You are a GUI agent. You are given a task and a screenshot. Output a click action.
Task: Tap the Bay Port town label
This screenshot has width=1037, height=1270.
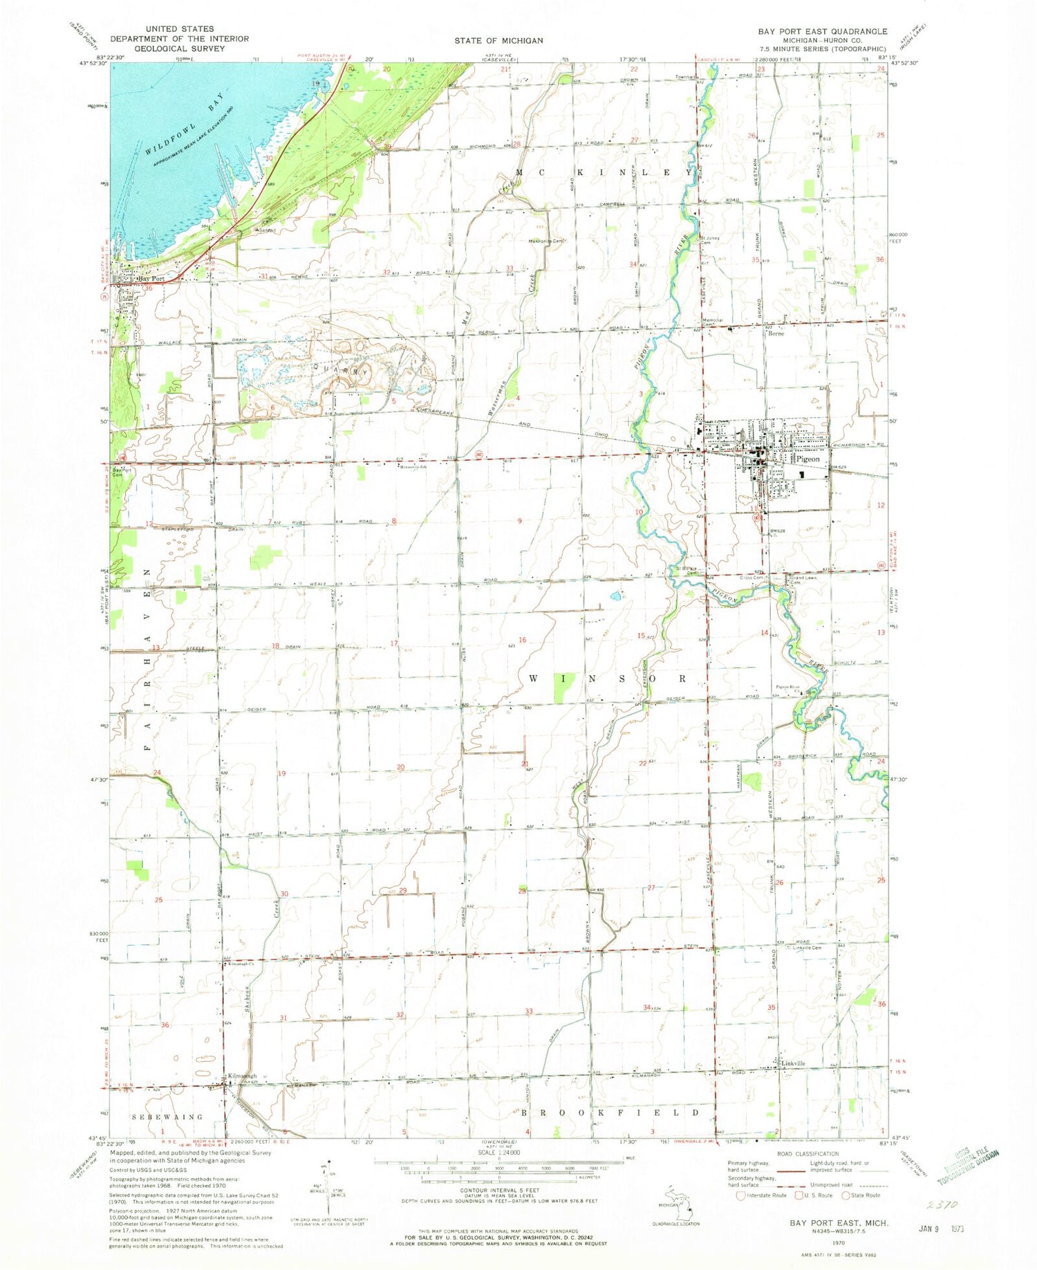152,279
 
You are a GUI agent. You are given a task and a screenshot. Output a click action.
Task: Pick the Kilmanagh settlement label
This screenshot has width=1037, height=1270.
243,1076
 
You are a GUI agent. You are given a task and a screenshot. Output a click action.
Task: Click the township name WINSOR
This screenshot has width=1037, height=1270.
608,679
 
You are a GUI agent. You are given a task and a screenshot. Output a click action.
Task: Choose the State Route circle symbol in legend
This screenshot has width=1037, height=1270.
845,1195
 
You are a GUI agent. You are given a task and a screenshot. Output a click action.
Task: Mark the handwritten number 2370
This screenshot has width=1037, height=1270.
942,1204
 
